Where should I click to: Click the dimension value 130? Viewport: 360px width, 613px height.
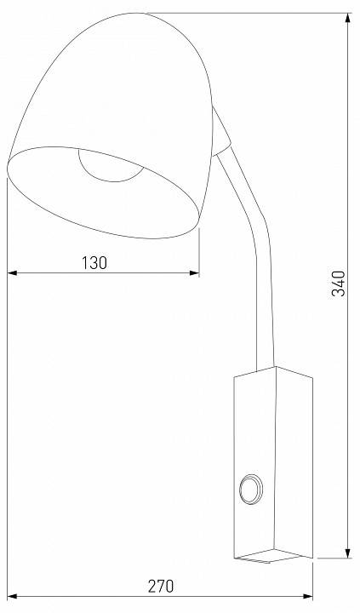[94, 262]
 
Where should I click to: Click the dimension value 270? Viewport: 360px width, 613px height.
[161, 586]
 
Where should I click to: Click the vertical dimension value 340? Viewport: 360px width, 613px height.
[338, 284]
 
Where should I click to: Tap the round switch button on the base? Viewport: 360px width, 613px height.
[253, 490]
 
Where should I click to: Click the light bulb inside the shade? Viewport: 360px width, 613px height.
[110, 164]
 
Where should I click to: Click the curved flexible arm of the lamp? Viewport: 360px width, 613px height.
[255, 255]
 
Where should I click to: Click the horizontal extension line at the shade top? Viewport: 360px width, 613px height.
[255, 13]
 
